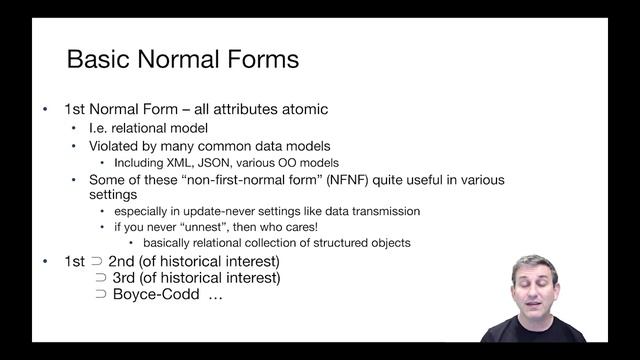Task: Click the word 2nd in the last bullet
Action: [124, 262]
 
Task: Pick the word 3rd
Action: [124, 278]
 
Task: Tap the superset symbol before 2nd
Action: [96, 262]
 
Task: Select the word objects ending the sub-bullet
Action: [387, 243]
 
